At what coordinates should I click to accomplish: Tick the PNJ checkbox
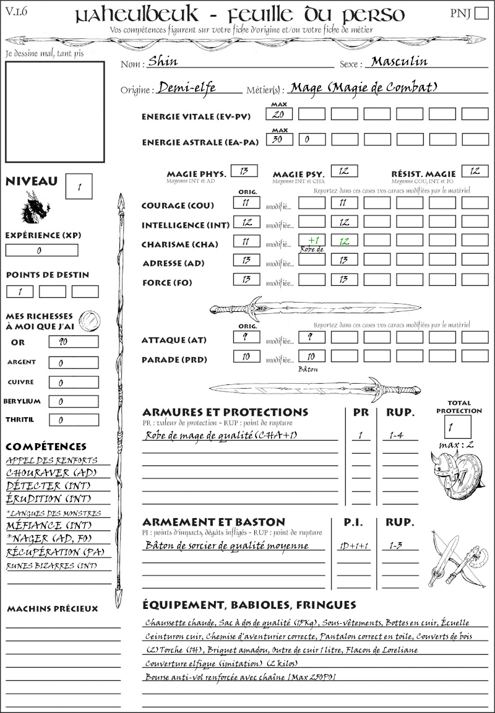click(x=481, y=13)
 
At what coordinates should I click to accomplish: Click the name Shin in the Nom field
click(x=160, y=62)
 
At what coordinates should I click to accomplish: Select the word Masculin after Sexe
click(x=399, y=61)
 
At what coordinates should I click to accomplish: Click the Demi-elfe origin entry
click(x=187, y=88)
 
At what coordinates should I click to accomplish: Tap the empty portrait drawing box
click(x=55, y=111)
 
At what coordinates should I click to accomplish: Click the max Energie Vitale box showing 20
click(x=279, y=115)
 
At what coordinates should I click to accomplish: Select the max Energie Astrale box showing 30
click(x=279, y=140)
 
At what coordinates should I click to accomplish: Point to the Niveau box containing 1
click(x=80, y=186)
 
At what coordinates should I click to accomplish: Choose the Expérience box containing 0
click(x=42, y=251)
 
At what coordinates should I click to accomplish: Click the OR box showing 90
click(x=73, y=342)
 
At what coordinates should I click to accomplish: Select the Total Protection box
click(x=457, y=426)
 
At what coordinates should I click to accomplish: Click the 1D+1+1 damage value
click(x=353, y=546)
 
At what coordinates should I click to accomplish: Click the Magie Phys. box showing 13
click(x=244, y=171)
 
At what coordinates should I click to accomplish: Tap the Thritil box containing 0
click(x=73, y=420)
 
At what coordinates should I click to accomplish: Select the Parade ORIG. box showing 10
click(x=246, y=356)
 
